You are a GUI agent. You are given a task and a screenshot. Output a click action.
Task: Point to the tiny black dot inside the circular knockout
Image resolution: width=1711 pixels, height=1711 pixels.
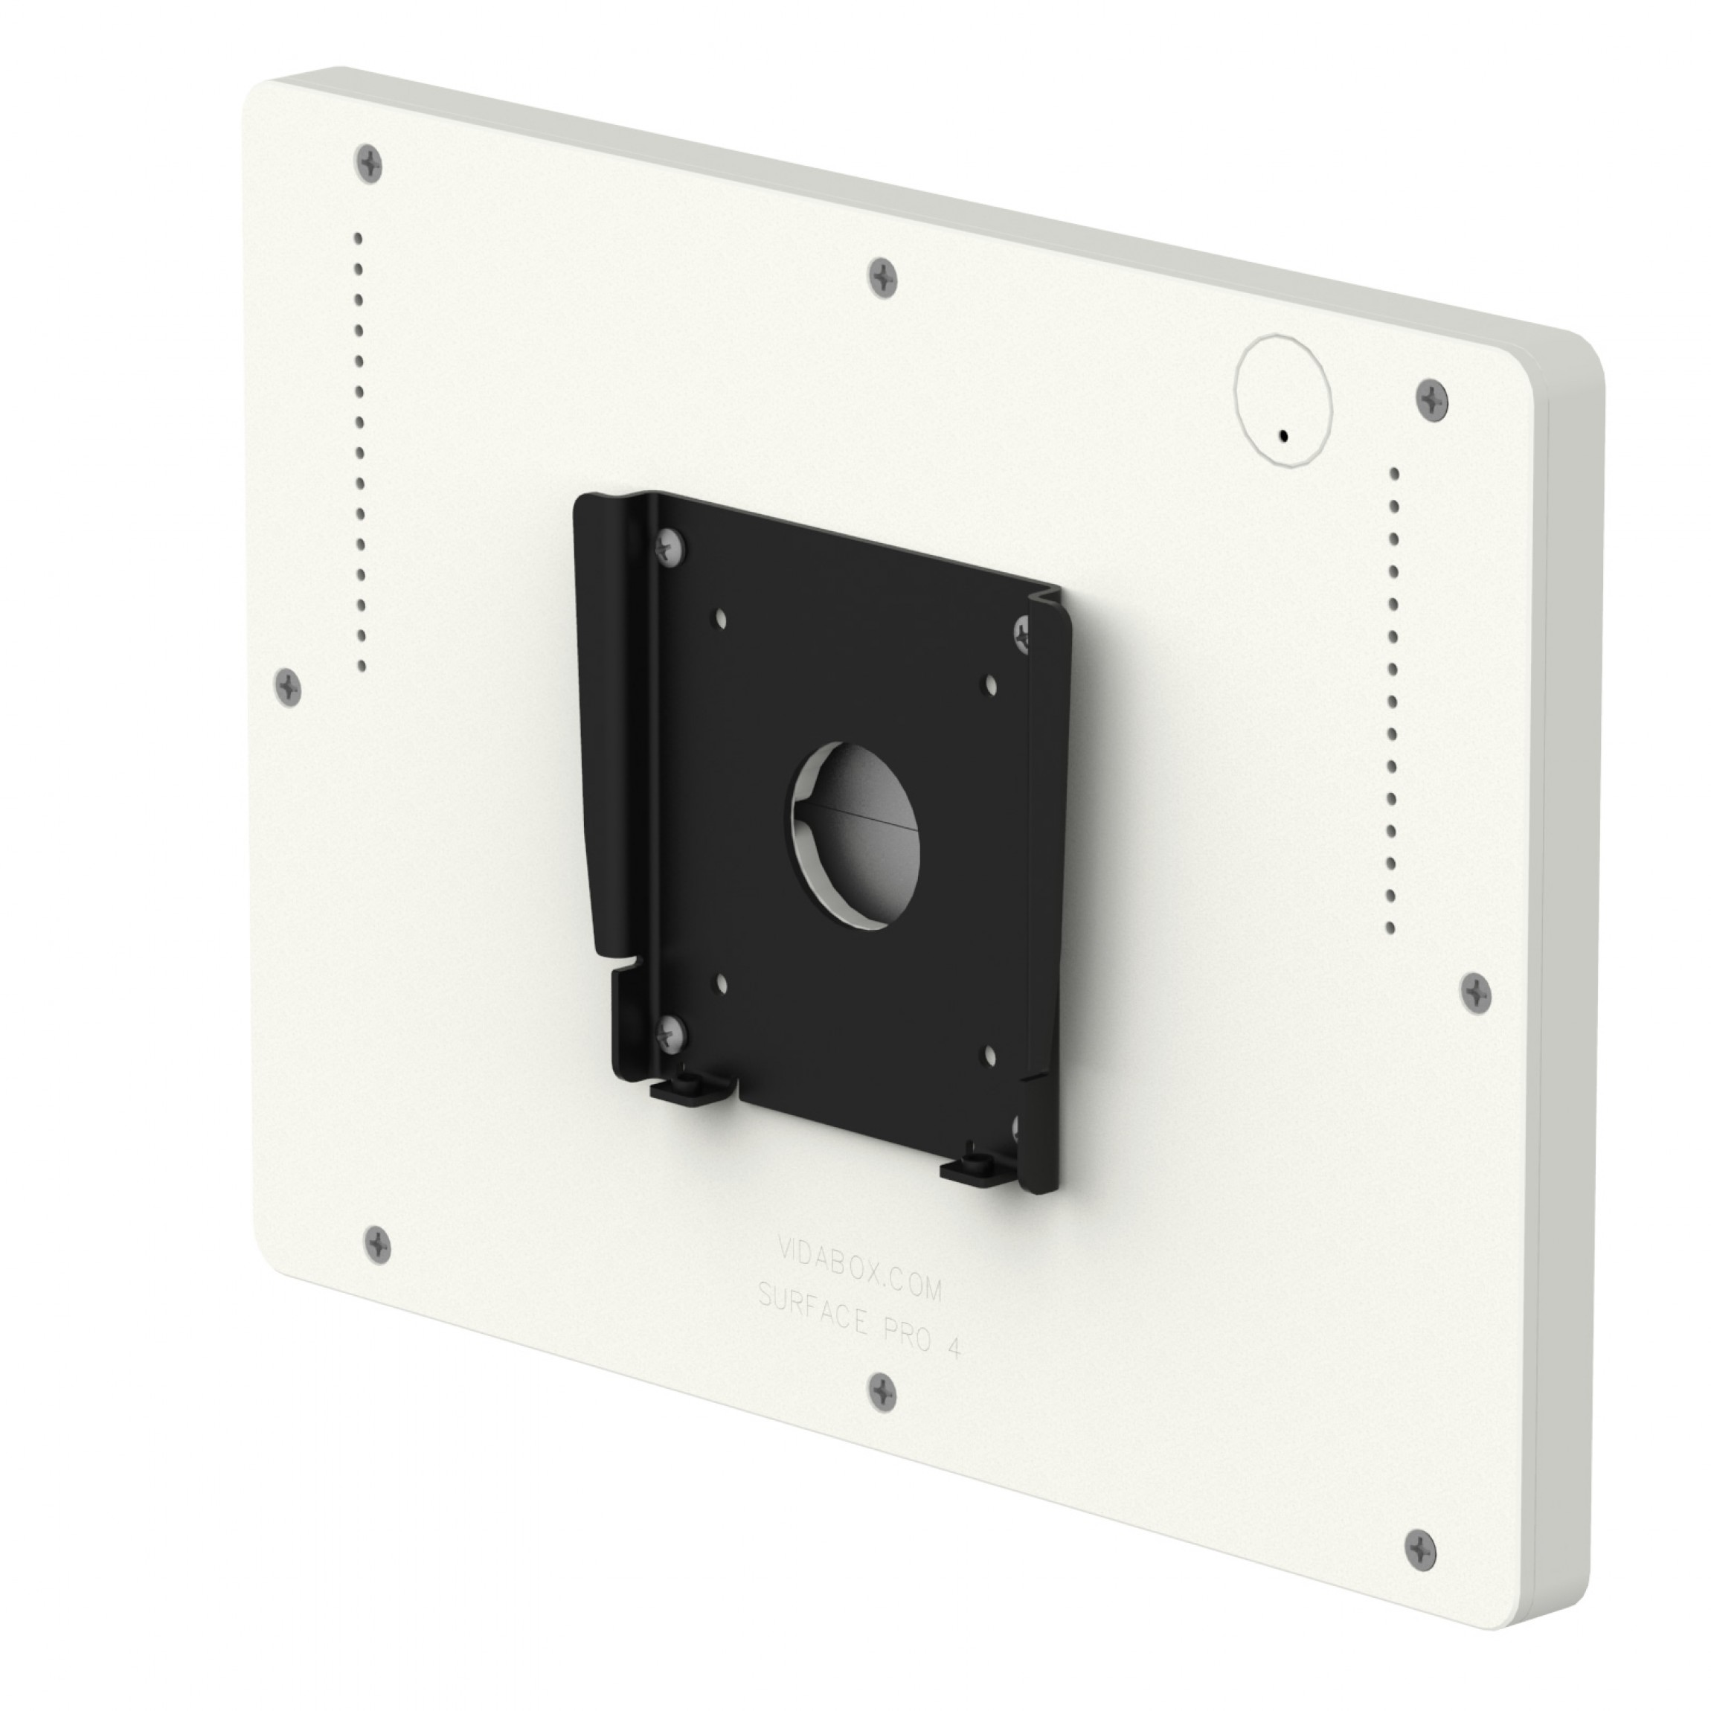point(1283,436)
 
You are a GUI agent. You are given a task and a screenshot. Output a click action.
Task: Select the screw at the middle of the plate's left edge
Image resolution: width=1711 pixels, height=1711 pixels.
point(289,685)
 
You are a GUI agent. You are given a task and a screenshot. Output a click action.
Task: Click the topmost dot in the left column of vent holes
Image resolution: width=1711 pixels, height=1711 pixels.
point(358,237)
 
